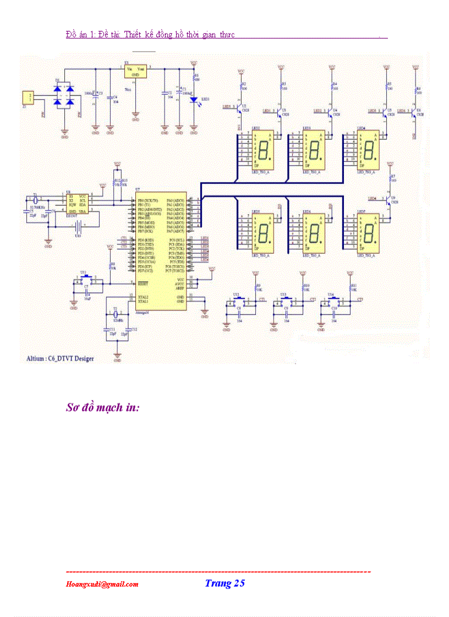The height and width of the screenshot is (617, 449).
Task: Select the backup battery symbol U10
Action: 79,226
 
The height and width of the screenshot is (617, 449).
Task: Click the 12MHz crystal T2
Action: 116,315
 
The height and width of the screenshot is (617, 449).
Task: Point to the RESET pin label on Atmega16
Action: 144,284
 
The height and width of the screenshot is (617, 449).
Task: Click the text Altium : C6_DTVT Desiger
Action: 60,358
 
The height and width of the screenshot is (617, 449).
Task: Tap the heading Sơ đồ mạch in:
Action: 102,408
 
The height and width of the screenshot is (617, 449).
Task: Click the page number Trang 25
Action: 225,583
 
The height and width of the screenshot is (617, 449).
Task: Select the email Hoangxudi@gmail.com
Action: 102,585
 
